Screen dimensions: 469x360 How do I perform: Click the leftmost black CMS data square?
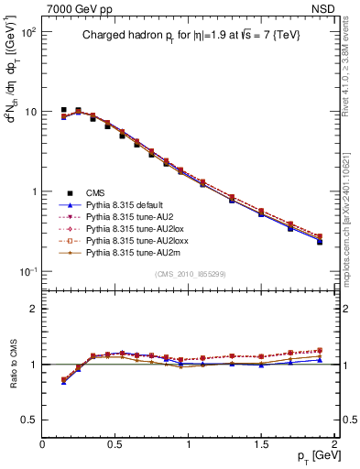[x=63, y=110]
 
